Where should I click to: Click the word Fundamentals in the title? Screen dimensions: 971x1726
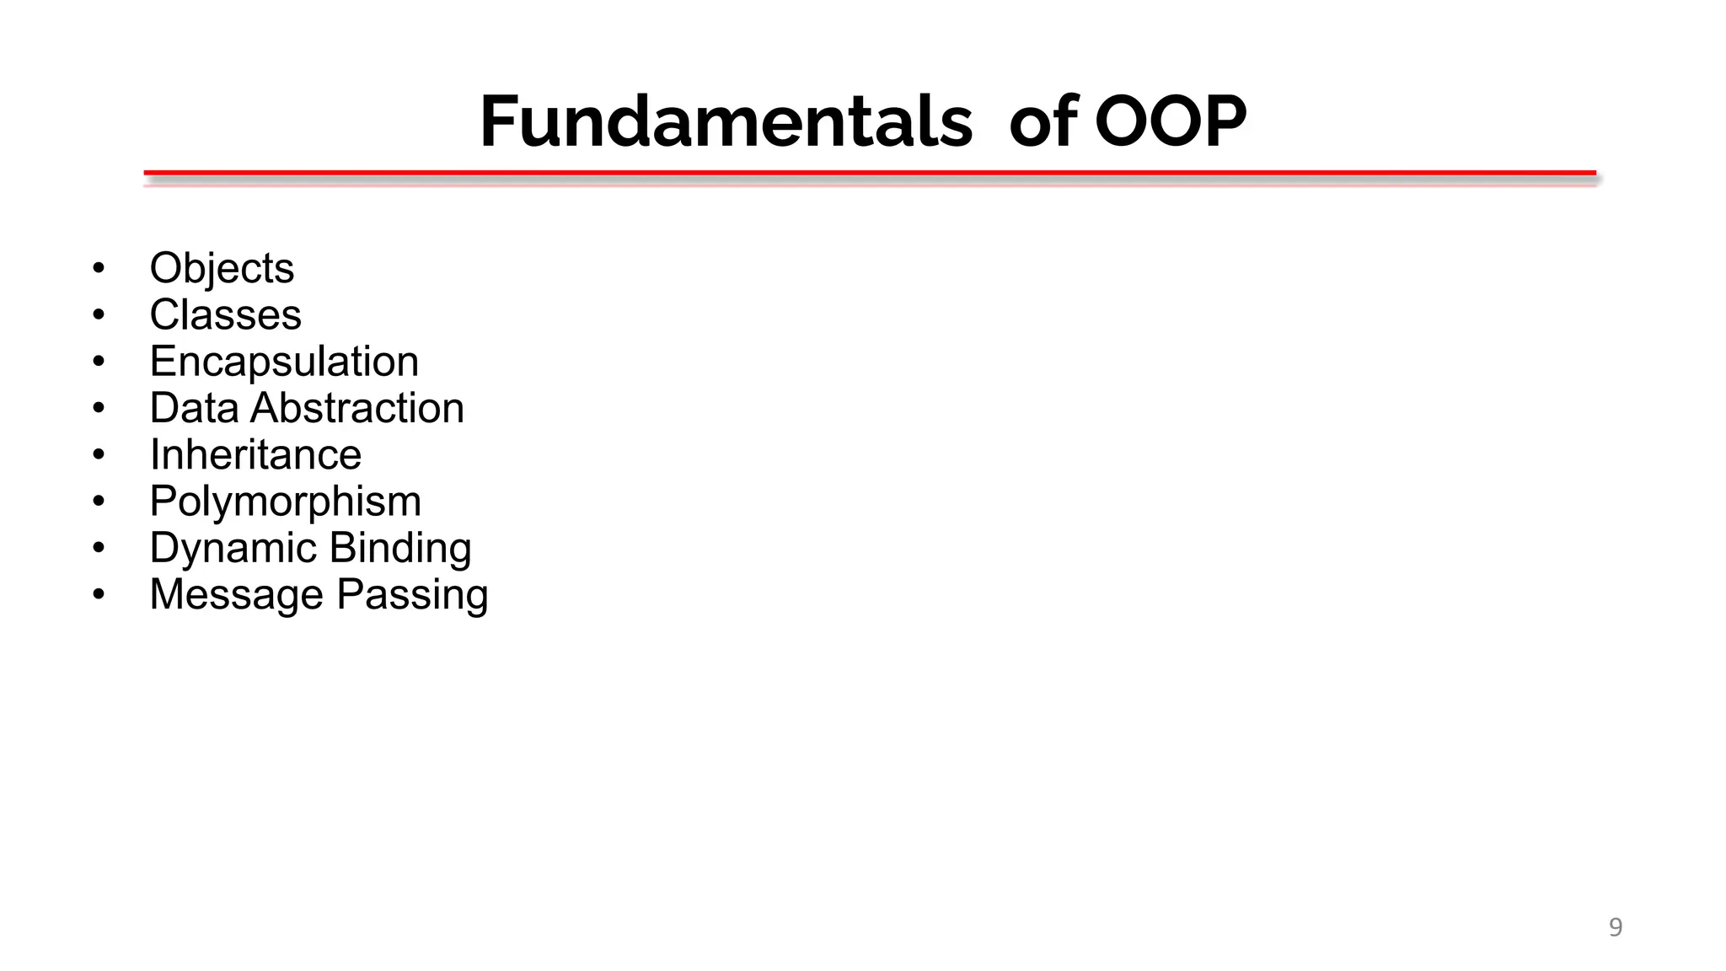(x=726, y=121)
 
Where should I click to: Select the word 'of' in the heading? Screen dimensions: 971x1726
(x=1043, y=121)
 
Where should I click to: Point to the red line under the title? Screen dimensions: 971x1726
(x=870, y=173)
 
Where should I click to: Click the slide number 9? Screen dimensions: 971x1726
(x=1615, y=927)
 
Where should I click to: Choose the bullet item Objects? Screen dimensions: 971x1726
(x=222, y=269)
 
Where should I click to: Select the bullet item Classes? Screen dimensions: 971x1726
(x=225, y=315)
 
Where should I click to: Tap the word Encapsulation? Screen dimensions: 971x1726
(x=284, y=362)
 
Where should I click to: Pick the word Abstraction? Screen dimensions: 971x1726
(x=357, y=408)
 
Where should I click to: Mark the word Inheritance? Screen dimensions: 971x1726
(x=255, y=455)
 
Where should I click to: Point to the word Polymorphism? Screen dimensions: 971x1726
(x=285, y=502)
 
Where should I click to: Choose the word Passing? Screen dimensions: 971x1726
(x=412, y=595)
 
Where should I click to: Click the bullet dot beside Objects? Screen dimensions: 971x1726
(x=99, y=269)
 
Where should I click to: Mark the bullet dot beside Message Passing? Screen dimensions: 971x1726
(x=99, y=595)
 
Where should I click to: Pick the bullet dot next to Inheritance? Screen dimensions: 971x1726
(x=99, y=455)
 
